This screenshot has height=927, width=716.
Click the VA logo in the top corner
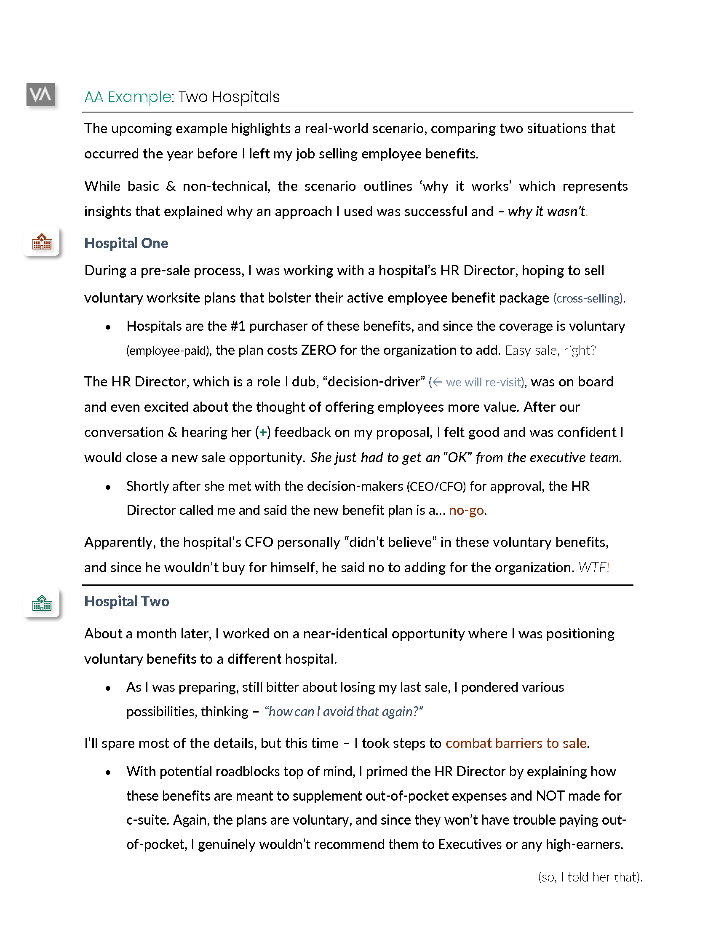point(41,94)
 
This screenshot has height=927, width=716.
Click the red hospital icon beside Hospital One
point(42,242)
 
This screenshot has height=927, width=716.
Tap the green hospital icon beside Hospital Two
point(42,603)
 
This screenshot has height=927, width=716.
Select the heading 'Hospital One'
point(126,243)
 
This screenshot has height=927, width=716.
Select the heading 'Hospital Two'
point(126,601)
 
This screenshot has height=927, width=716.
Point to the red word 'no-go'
point(466,510)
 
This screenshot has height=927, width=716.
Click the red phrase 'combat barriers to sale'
point(516,743)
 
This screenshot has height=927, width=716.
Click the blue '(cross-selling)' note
point(588,298)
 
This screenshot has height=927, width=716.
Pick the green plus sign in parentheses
point(263,432)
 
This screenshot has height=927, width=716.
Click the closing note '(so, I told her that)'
point(590,877)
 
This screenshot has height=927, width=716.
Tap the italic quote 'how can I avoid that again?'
point(344,712)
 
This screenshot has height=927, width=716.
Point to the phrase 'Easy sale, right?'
point(550,351)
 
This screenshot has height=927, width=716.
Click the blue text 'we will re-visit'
point(483,383)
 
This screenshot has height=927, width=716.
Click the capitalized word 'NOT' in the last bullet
point(550,796)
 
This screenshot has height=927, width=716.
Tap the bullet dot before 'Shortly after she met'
point(108,487)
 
